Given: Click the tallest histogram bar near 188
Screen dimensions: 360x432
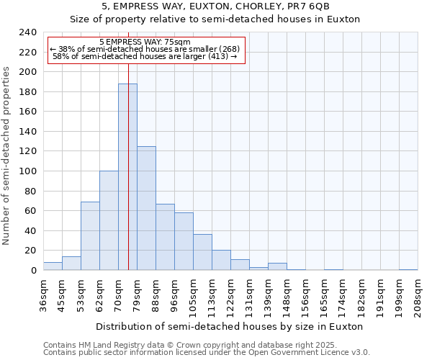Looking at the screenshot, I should tap(127, 176).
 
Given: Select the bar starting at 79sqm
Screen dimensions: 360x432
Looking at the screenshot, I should tap(146, 208).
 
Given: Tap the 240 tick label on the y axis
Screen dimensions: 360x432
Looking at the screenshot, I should tap(28, 32).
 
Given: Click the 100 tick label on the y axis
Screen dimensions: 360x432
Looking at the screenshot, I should tap(28, 171).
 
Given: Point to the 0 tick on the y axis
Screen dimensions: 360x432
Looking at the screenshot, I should tap(34, 271).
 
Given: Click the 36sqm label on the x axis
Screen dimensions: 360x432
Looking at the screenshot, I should tap(43, 295).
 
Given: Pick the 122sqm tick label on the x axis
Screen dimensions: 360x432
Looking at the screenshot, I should tap(230, 295).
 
